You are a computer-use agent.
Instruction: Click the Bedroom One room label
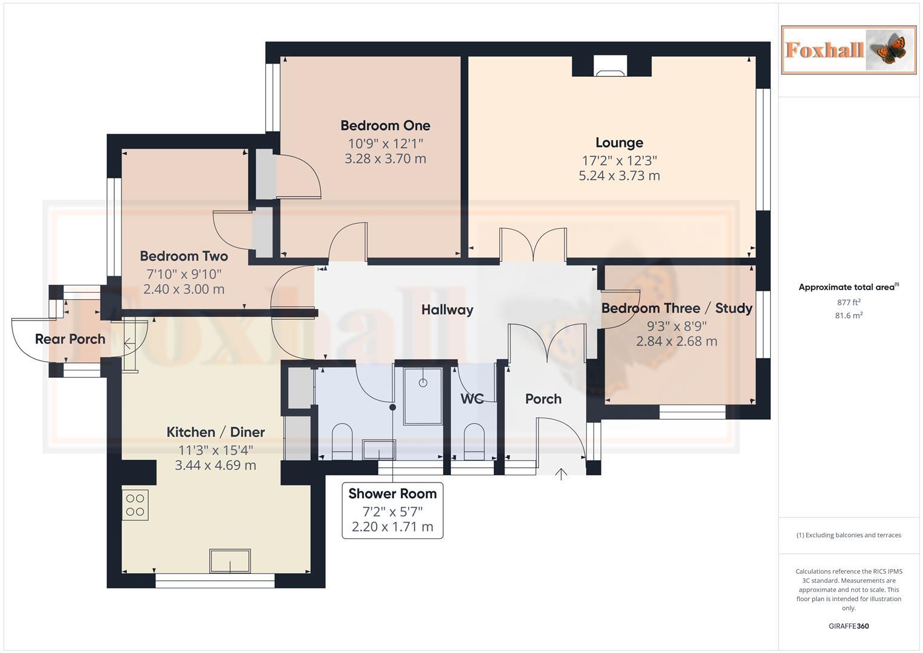tap(385, 126)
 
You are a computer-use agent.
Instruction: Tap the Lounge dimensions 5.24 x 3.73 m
tap(619, 176)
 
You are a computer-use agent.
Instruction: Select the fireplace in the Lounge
tap(611, 67)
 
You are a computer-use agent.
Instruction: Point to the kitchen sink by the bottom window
tap(230, 560)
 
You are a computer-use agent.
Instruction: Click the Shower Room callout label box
tap(392, 510)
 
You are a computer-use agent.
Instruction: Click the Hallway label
tap(447, 310)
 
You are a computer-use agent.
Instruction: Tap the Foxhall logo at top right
tap(848, 50)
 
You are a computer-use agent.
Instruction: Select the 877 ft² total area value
tap(848, 302)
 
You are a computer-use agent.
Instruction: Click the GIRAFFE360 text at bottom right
tap(848, 626)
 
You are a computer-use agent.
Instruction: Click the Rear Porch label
tap(70, 339)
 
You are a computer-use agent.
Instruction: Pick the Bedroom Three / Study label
tap(676, 308)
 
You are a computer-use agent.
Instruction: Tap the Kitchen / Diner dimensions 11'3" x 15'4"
tap(215, 450)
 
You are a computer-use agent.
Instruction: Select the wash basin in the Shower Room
tap(378, 450)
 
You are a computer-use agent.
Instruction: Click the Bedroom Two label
tap(184, 256)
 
